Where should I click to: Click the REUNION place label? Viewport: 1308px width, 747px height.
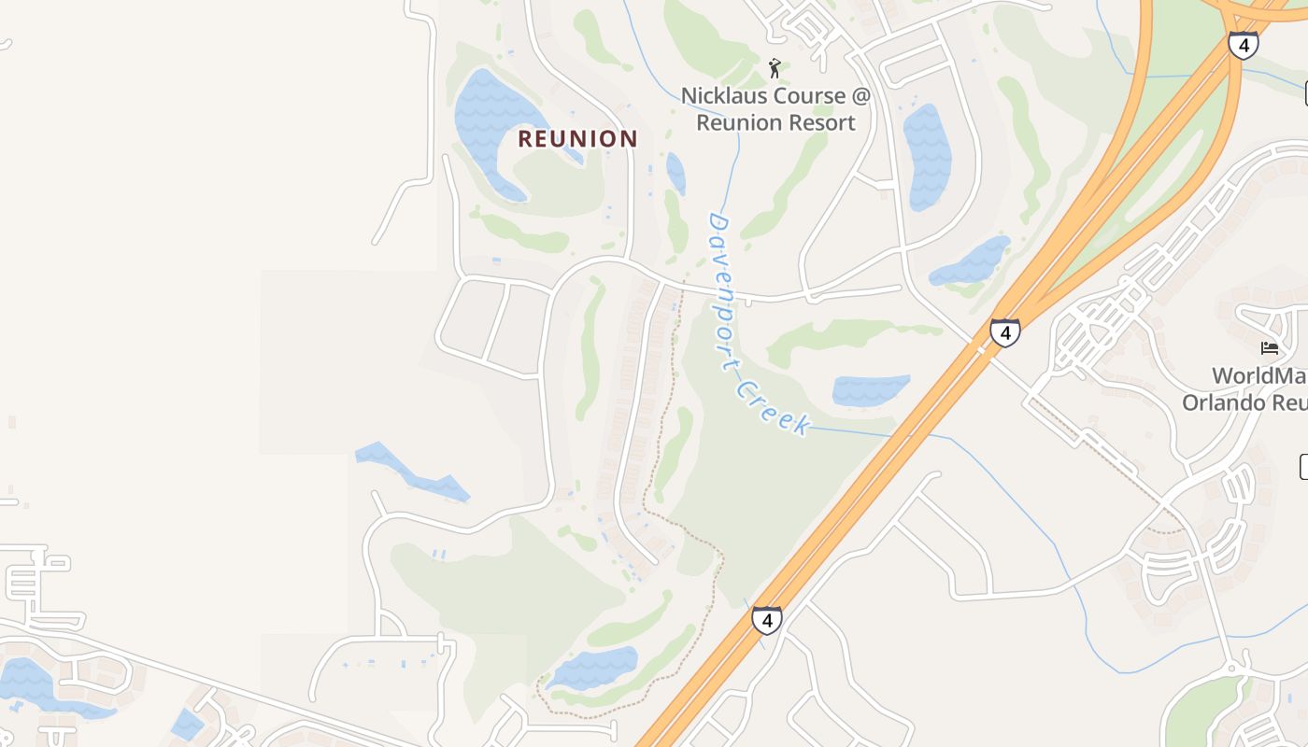click(577, 139)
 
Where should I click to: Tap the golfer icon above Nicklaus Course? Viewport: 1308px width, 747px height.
click(775, 67)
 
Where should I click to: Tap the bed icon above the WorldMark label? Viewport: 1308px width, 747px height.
click(1269, 348)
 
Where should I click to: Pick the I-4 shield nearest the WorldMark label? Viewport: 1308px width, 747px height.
click(1004, 331)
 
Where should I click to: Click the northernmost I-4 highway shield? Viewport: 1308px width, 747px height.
click(1243, 45)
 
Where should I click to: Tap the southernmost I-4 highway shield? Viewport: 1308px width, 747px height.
click(766, 619)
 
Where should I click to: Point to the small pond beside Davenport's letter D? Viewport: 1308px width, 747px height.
click(675, 173)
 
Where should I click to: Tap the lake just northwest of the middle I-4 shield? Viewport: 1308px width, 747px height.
click(972, 261)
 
